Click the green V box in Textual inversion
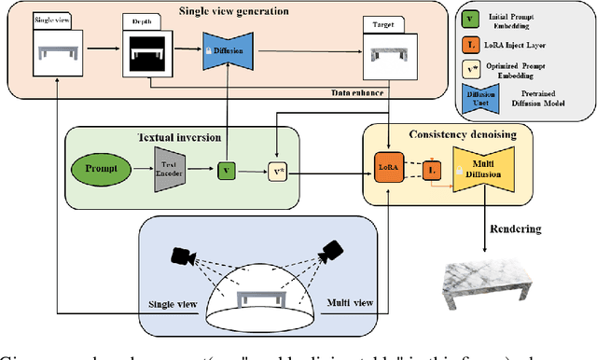pos(225,172)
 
